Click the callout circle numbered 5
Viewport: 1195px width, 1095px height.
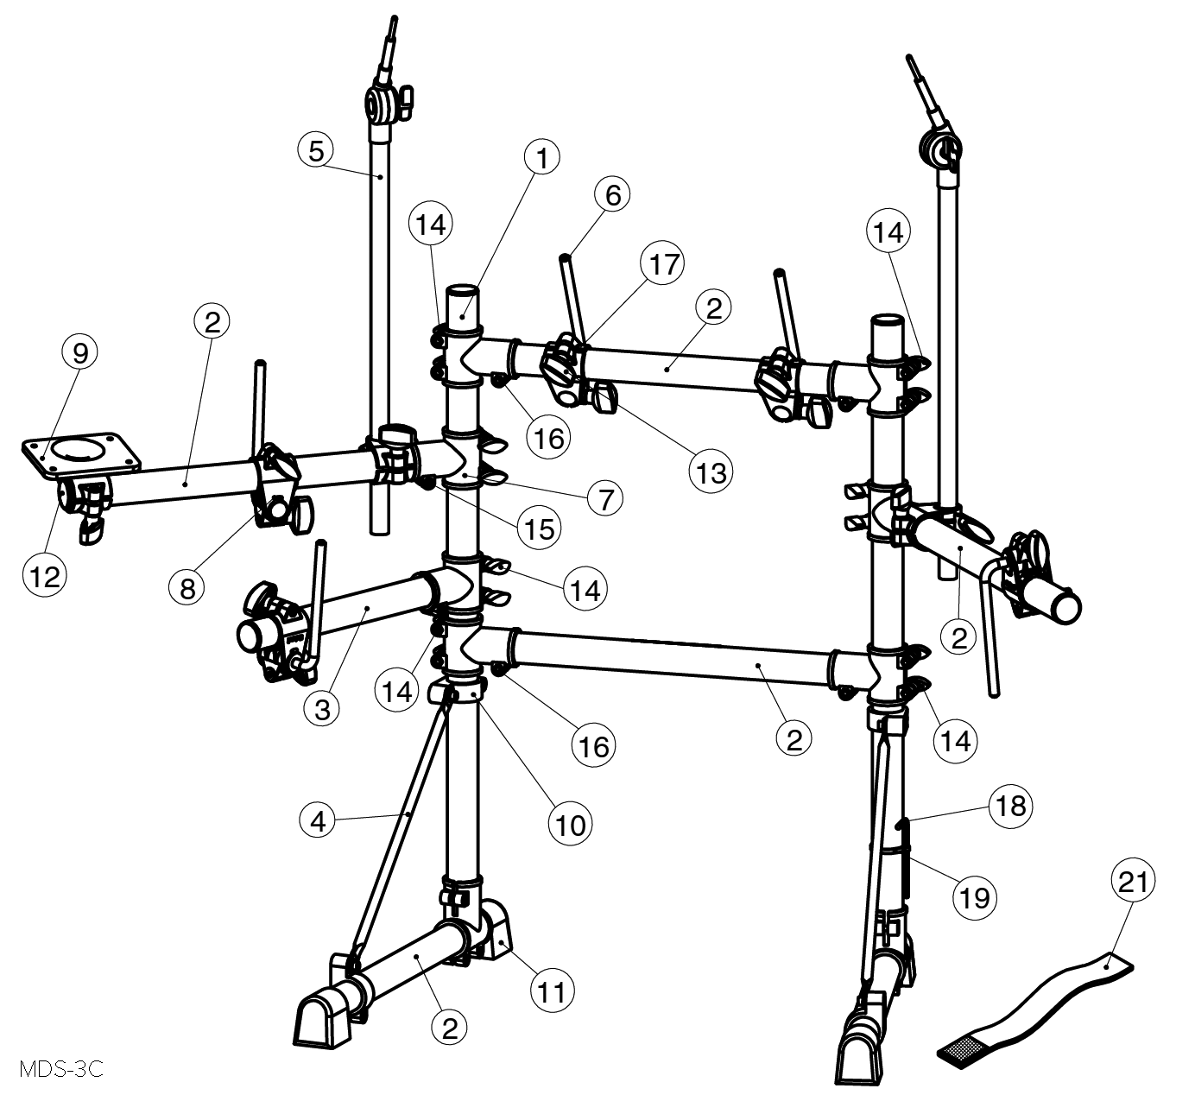316,151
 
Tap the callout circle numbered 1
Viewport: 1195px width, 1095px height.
541,158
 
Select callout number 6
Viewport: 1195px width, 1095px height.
613,195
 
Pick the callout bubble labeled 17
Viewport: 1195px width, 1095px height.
664,264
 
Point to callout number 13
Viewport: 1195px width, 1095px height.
711,472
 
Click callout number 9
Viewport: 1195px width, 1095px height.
80,352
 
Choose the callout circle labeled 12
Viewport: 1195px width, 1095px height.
45,576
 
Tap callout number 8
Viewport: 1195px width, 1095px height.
187,589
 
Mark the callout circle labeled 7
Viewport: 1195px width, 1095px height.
605,499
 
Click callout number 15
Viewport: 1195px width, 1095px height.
540,529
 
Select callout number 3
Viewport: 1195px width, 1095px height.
322,709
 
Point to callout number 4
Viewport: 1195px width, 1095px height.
319,822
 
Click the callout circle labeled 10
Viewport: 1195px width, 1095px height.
570,825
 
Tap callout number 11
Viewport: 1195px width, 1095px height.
552,992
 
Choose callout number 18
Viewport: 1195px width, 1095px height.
1011,807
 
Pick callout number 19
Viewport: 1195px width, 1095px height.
975,896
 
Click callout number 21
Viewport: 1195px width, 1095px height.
1133,881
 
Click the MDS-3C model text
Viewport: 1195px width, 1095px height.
61,1069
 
